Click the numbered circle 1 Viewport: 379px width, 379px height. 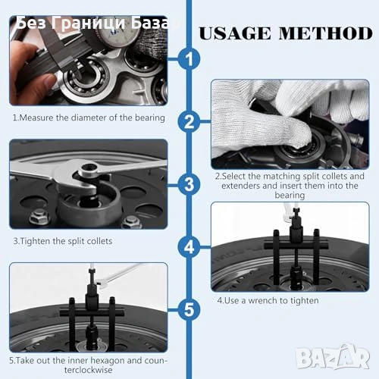tap(189, 59)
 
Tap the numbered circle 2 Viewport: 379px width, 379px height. tap(189, 122)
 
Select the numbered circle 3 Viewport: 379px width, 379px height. tap(189, 184)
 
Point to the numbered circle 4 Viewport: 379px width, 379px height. tap(189, 247)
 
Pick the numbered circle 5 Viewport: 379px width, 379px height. tap(189, 309)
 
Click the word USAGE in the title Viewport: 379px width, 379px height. tap(235, 33)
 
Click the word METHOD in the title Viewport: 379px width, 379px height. tap(326, 33)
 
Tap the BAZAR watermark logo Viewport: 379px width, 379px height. tap(333, 356)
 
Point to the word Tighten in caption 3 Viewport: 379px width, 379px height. tap(35, 241)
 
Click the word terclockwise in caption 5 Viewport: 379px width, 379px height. tap(89, 370)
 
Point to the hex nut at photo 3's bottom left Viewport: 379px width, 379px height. tap(39, 217)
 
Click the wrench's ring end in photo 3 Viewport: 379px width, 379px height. tap(88, 169)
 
